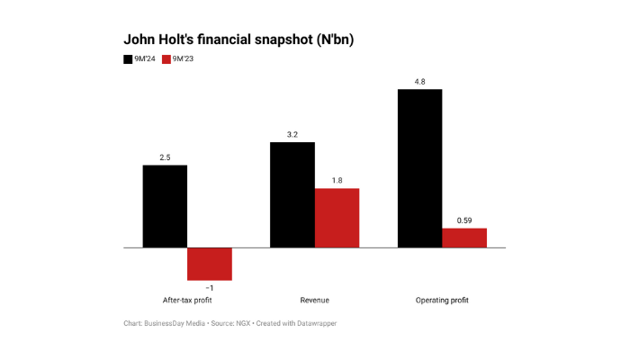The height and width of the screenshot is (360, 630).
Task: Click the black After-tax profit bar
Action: pyautogui.click(x=165, y=206)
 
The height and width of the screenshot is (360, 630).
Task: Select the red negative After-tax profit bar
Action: pyautogui.click(x=210, y=264)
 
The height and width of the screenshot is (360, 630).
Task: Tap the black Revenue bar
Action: pyautogui.click(x=292, y=194)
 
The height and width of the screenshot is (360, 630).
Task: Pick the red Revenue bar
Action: pyautogui.click(x=337, y=218)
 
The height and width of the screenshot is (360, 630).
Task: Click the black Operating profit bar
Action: pyautogui.click(x=419, y=168)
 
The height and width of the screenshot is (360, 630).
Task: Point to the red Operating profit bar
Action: pyautogui.click(x=464, y=238)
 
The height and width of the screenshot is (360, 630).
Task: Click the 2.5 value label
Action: pyautogui.click(x=165, y=157)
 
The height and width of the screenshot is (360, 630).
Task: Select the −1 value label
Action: pyautogui.click(x=210, y=288)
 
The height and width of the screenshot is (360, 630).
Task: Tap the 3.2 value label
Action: pyautogui.click(x=292, y=135)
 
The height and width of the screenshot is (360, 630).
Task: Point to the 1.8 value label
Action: pyautogui.click(x=337, y=181)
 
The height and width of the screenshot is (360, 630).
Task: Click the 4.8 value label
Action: pyautogui.click(x=419, y=82)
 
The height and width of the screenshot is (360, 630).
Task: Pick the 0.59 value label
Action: pyautogui.click(x=464, y=220)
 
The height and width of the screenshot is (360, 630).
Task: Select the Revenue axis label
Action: pyautogui.click(x=315, y=300)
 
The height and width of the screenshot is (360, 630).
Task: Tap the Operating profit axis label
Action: pyautogui.click(x=442, y=300)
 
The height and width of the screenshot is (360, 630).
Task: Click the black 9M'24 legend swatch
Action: pyautogui.click(x=129, y=60)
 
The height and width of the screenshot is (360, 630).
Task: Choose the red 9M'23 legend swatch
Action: pyautogui.click(x=167, y=60)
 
